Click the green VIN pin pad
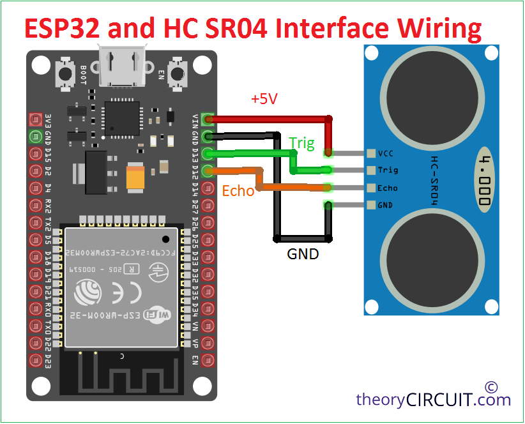click(207, 119)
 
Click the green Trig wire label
click(301, 143)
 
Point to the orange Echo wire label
click(238, 190)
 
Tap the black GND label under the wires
click(303, 253)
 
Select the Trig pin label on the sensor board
click(387, 170)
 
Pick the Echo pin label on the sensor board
click(387, 188)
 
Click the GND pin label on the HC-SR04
click(385, 205)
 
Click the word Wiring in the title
click(440, 28)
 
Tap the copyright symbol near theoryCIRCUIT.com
click(491, 387)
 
